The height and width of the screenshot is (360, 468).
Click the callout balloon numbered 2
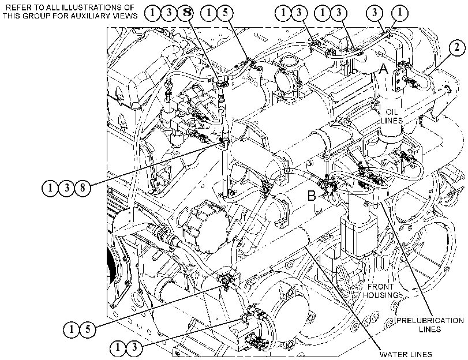pyautogui.click(x=456, y=48)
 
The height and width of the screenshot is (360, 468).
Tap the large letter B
pyautogui.click(x=312, y=196)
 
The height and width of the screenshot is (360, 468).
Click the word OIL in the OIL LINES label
pyautogui.click(x=391, y=112)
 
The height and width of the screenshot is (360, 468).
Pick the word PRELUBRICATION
pyautogui.click(x=430, y=321)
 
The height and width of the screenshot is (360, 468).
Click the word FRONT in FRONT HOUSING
pyautogui.click(x=380, y=287)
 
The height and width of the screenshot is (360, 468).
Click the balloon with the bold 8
pyautogui.click(x=186, y=13)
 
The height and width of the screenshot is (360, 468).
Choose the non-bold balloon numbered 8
pyautogui.click(x=83, y=187)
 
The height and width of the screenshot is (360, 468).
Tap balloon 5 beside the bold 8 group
pyautogui.click(x=225, y=13)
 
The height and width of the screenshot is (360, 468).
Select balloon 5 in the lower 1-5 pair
pyautogui.click(x=88, y=329)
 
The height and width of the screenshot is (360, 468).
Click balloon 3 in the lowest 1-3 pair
pyautogui.click(x=134, y=347)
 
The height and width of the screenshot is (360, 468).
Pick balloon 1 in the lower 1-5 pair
pyautogui.click(x=72, y=329)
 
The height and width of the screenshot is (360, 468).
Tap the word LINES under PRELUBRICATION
pyautogui.click(x=430, y=329)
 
